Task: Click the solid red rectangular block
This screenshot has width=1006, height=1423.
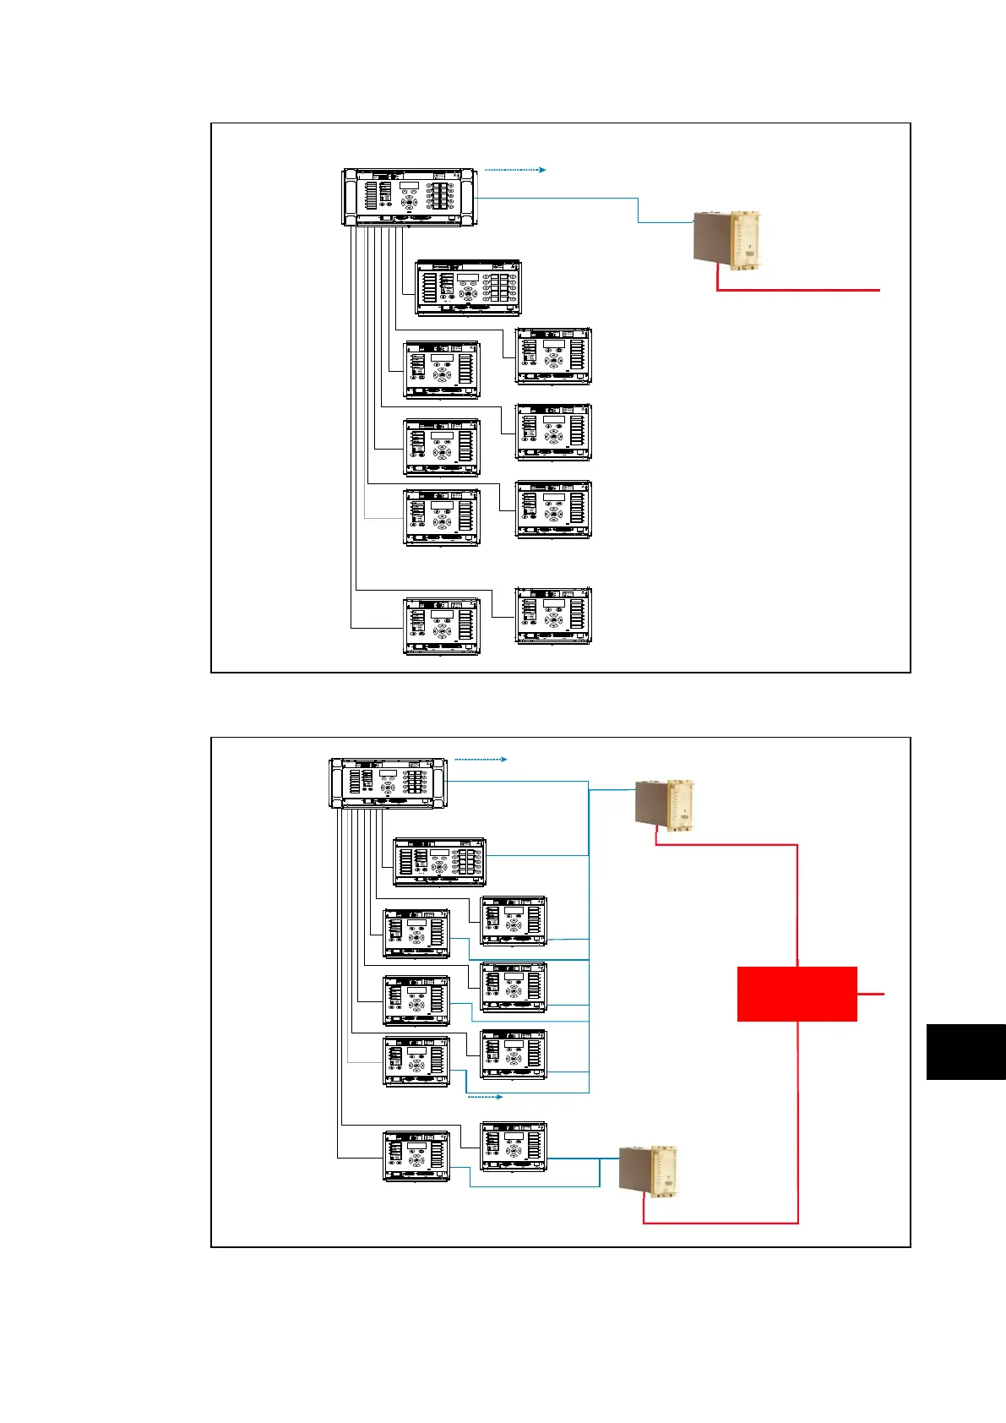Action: coord(797,994)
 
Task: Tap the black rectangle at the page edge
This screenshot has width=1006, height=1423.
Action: coord(965,1051)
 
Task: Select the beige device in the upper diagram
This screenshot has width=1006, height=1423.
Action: coord(727,241)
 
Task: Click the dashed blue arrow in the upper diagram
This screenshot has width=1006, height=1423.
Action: coord(515,170)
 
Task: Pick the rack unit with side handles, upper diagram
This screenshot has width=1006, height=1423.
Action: coord(411,197)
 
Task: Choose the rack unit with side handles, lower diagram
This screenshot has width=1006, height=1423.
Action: coord(388,783)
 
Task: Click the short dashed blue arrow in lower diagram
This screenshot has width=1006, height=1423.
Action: coord(485,1097)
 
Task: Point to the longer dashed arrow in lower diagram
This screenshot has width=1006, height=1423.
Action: coord(481,760)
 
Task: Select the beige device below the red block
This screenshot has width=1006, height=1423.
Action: coord(649,1170)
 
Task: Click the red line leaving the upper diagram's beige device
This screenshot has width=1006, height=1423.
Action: coord(798,290)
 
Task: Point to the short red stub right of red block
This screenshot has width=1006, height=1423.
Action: coord(871,994)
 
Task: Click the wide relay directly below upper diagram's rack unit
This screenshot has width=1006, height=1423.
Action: coord(468,288)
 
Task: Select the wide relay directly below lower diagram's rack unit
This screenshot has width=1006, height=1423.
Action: coord(440,862)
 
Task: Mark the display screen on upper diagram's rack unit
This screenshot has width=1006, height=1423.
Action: coord(410,186)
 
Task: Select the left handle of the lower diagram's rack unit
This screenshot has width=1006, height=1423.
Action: coord(334,783)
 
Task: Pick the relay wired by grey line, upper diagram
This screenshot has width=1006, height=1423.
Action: coord(442,517)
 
